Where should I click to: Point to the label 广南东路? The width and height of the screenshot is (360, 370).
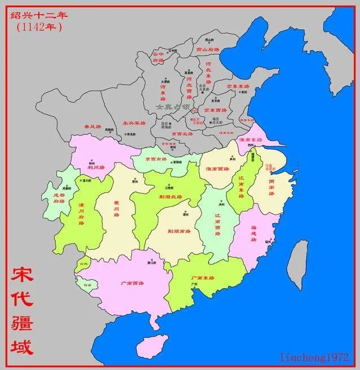coord(203,278)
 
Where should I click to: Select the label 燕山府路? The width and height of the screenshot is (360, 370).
coord(208,50)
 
